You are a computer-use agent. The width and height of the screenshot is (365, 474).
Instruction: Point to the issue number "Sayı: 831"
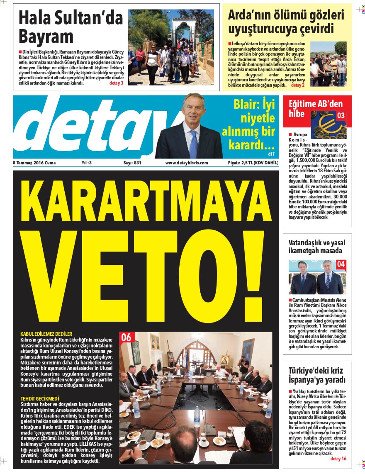click(x=132, y=163)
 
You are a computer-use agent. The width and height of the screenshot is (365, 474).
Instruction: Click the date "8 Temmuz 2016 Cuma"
click(x=34, y=163)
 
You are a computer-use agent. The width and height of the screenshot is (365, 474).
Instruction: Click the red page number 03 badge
click(x=341, y=115)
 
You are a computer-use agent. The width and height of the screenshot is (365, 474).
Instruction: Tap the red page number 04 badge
click(x=341, y=264)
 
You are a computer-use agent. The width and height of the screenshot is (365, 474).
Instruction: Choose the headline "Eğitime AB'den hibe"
click(x=309, y=109)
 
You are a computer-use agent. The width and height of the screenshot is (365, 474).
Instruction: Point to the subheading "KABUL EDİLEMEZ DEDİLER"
click(x=46, y=334)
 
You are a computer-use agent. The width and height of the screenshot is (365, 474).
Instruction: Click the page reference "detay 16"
click(x=338, y=458)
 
